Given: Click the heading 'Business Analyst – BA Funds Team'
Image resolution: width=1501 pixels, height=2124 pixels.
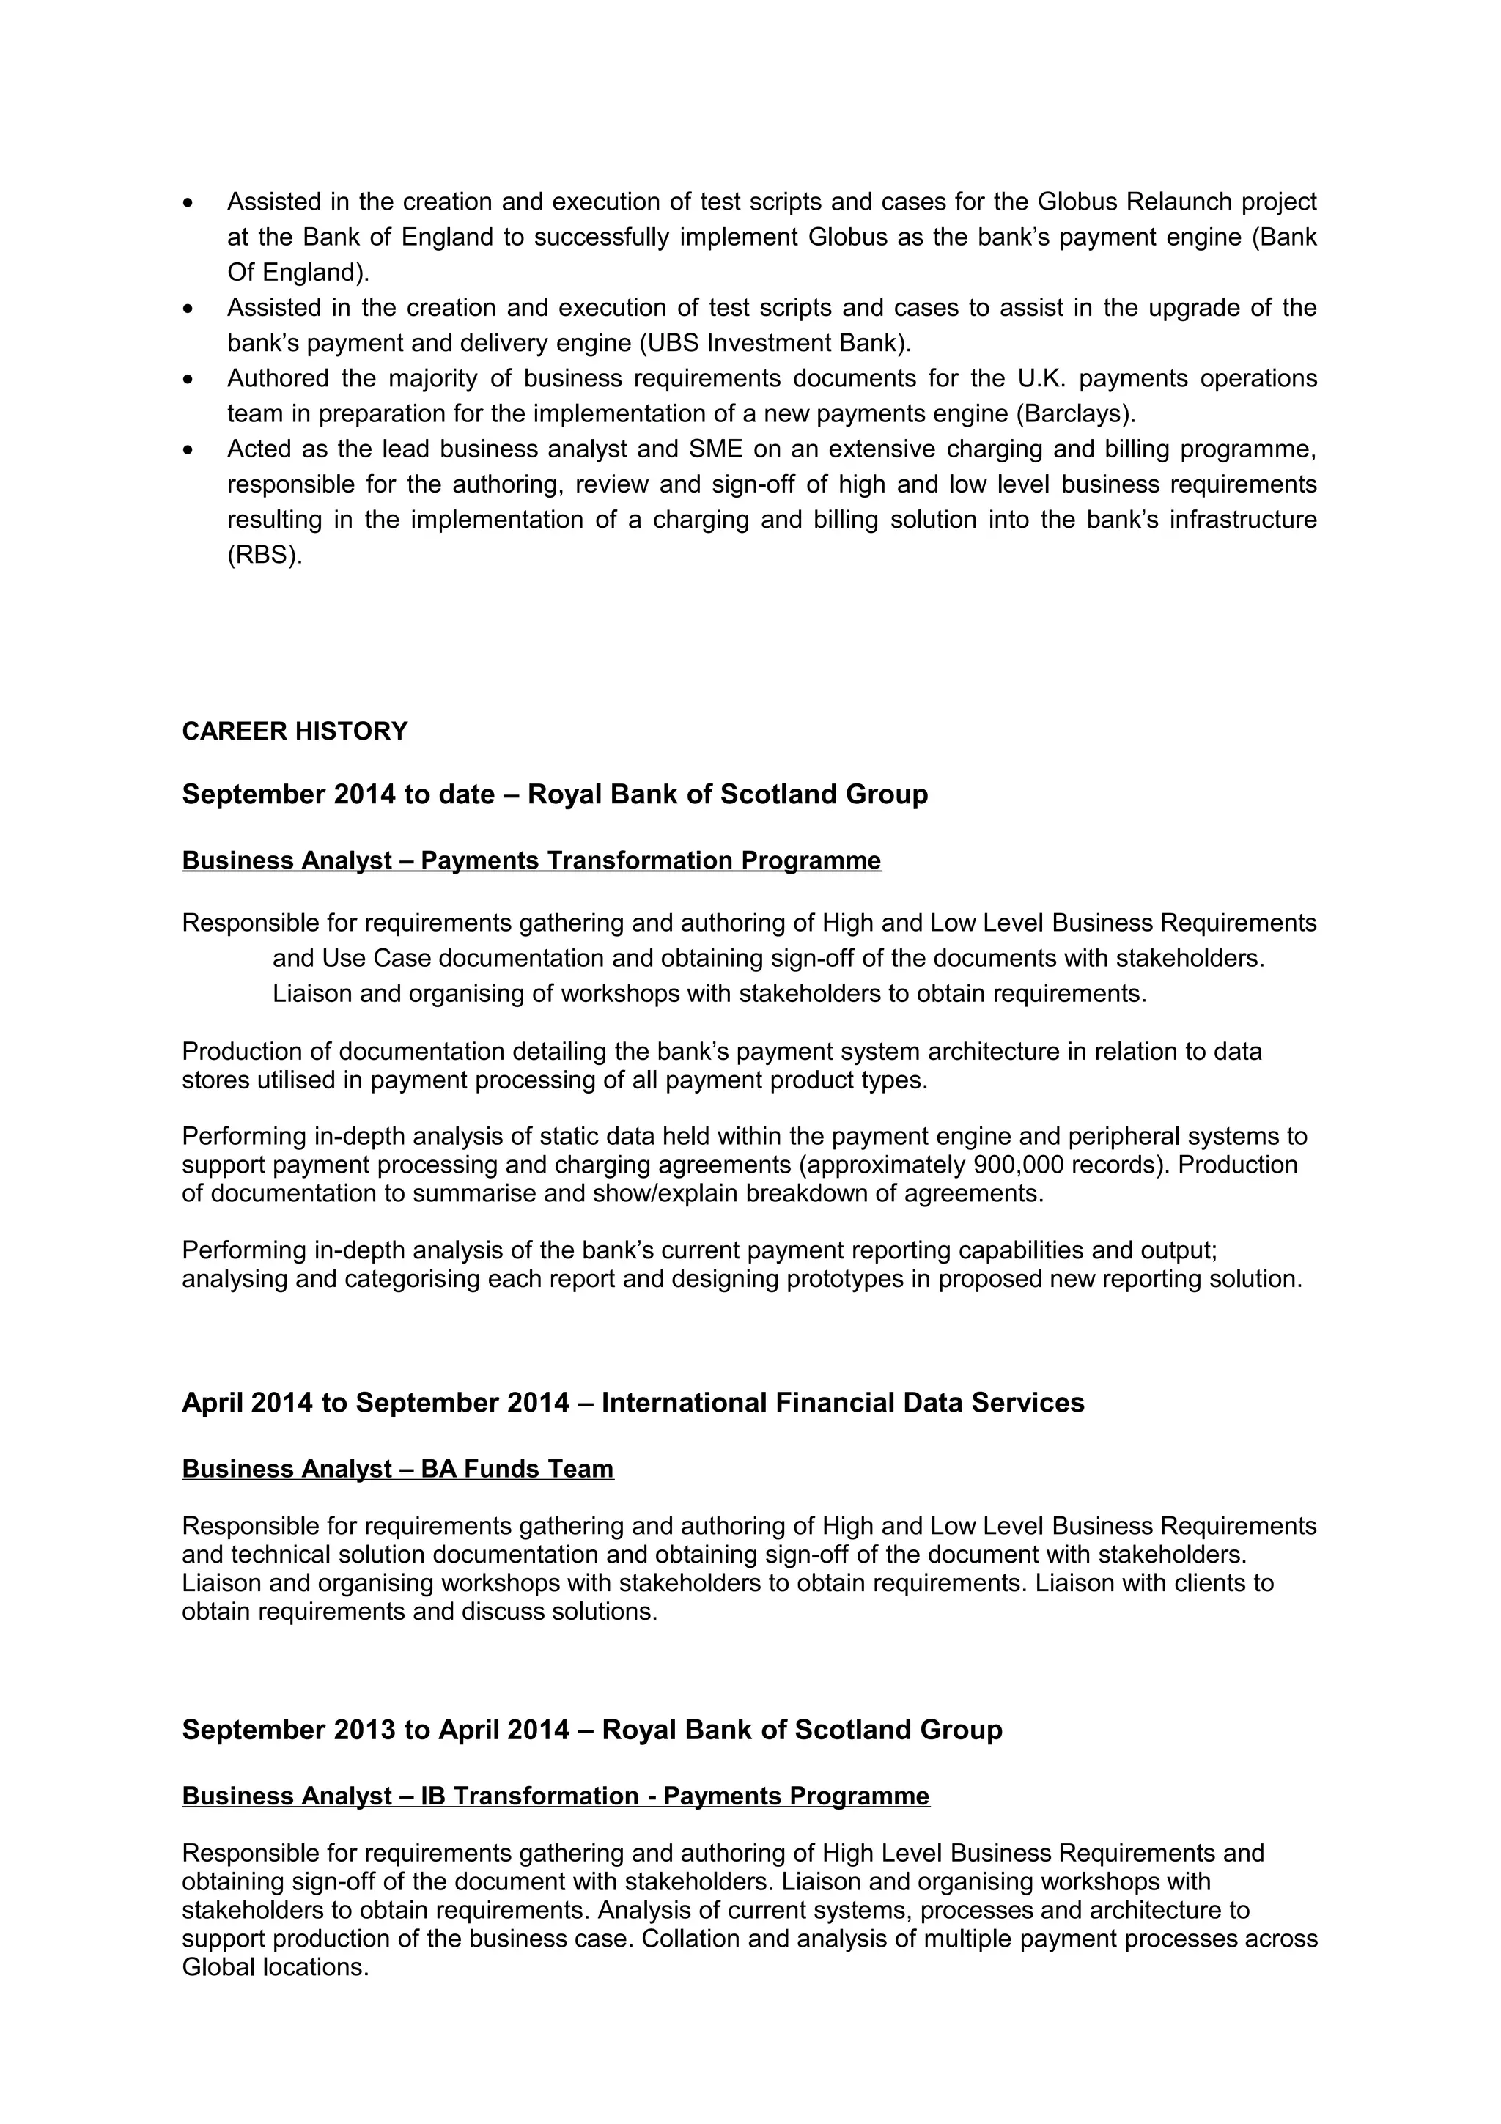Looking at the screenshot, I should (x=398, y=1469).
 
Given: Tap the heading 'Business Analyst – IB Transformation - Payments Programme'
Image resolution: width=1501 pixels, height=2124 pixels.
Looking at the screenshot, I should (x=555, y=1796).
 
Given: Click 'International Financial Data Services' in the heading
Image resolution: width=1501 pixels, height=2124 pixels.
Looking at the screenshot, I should (x=843, y=1404).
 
